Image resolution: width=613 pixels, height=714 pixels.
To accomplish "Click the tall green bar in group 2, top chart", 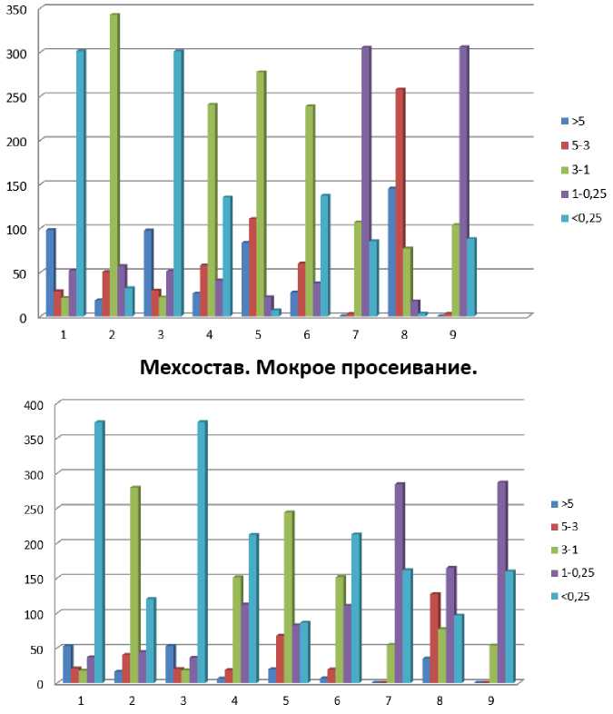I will point(114,164).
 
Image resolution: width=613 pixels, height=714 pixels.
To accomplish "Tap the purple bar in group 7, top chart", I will point(365,181).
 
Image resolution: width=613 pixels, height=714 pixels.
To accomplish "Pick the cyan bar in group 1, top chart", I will point(80,183).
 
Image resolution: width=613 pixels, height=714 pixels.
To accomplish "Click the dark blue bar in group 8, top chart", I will point(391,251).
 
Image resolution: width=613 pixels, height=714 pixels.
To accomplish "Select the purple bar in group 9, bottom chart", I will point(501,581).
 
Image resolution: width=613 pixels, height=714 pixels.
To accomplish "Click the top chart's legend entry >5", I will point(572,120).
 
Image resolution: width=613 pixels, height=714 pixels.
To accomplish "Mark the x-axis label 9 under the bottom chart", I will point(491,701).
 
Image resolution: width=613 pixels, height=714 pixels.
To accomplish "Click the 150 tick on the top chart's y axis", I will point(18,184).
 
